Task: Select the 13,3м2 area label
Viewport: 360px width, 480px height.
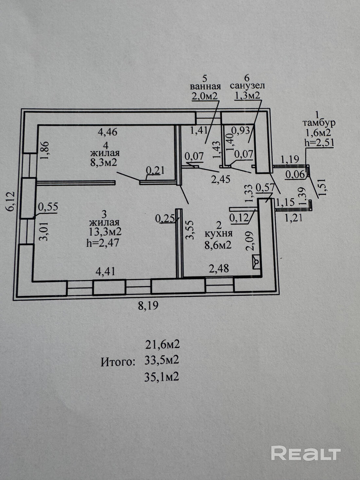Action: pos(105,232)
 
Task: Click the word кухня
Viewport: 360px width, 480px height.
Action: pos(218,234)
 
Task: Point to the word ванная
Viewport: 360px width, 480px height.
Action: pos(205,87)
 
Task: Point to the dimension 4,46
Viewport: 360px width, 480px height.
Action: pos(108,132)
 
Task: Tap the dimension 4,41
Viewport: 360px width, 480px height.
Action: pos(105,272)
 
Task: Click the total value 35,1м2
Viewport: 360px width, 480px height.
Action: pos(162,377)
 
